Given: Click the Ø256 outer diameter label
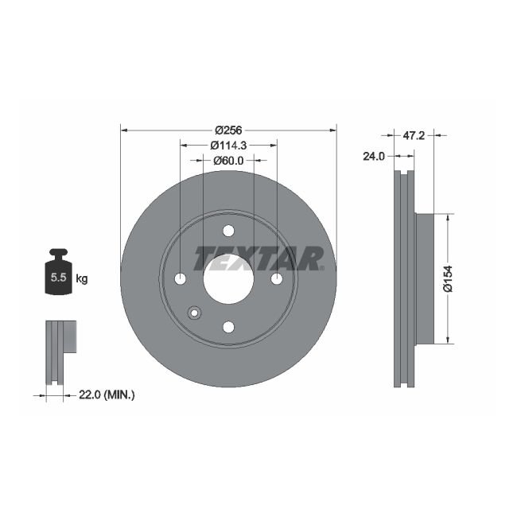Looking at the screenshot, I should point(228,130).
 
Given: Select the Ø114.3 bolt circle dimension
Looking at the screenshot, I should point(228,146).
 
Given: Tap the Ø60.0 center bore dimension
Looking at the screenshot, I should point(228,161).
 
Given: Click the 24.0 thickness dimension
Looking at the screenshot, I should point(373,157).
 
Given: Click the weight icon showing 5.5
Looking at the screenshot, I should point(58,274).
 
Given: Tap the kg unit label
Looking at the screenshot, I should point(81,278).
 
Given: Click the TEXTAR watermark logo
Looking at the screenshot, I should point(259,258).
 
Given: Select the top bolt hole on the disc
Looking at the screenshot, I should point(228,231).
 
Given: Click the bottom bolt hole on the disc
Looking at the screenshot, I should point(228,327).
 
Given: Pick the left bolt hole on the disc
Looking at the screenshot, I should point(181,279).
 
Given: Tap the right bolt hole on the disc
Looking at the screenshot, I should point(277,279).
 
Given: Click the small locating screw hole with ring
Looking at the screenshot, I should point(194,313).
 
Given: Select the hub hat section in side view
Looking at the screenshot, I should point(426,278).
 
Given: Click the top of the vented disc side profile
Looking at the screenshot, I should point(405,179).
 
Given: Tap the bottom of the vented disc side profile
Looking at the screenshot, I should point(405,378).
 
